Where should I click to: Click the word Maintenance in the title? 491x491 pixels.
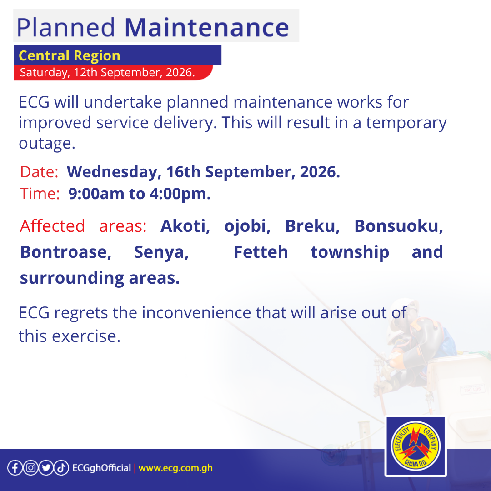[x=207, y=28]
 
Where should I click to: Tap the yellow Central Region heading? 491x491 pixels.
[x=70, y=56]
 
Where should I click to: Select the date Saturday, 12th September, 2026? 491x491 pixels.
[x=107, y=72]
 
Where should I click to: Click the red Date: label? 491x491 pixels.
[x=39, y=172]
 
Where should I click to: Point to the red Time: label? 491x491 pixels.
[x=40, y=194]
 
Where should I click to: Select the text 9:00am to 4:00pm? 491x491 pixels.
[x=140, y=194]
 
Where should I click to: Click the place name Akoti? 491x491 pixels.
[x=185, y=226]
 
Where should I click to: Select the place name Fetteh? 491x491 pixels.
[x=261, y=252]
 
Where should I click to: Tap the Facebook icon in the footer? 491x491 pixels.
[x=15, y=468]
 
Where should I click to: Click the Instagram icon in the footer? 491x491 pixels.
[x=30, y=468]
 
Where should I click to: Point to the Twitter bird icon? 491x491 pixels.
[x=46, y=468]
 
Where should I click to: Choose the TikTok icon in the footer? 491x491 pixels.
[x=61, y=468]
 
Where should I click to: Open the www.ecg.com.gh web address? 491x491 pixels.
[x=175, y=468]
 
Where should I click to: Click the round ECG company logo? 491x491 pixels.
[x=416, y=446]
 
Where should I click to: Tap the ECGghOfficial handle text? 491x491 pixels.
[x=101, y=468]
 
